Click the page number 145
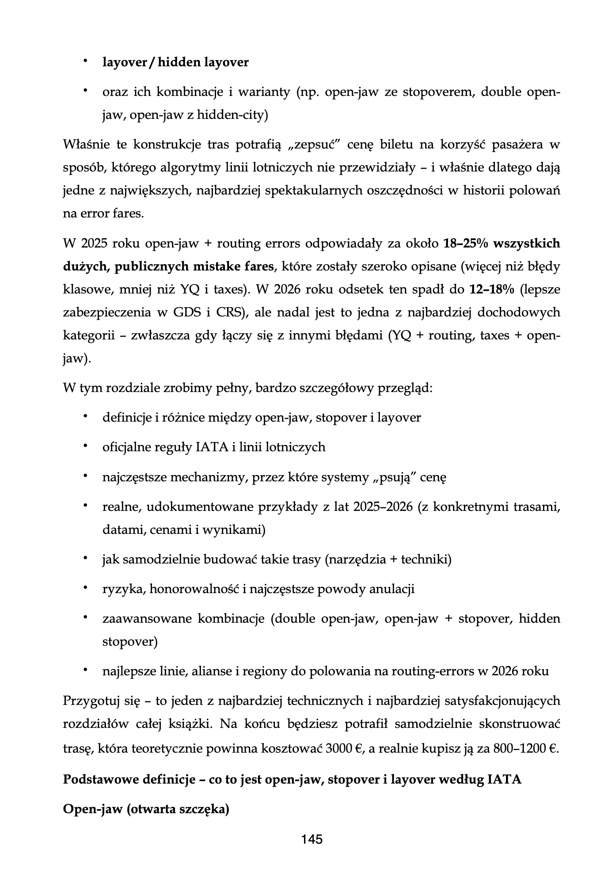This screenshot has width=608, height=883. click(x=312, y=839)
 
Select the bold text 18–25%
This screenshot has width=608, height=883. click(x=466, y=244)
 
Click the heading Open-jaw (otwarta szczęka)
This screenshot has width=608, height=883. click(x=146, y=810)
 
